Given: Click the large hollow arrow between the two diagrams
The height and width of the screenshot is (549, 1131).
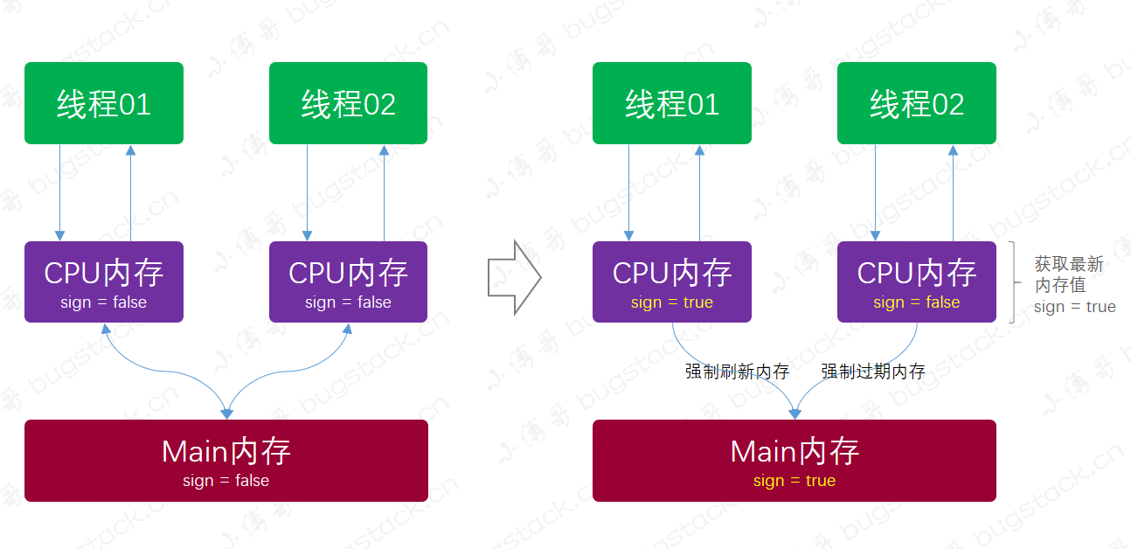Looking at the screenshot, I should pos(514,279).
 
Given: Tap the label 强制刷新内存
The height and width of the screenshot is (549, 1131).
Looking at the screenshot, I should pos(737,372).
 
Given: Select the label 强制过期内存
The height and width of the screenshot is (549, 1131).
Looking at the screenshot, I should pos(873,372).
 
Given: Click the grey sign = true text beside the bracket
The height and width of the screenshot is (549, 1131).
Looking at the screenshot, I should pos(1074,307).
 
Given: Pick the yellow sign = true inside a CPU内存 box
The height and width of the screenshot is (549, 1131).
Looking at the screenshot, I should pos(671,302).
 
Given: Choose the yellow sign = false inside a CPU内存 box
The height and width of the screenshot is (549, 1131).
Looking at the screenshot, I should pos(916,302).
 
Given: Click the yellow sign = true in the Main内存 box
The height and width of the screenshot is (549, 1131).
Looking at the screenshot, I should pos(794,481).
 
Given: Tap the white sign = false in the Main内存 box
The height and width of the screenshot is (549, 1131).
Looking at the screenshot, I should pos(226,481).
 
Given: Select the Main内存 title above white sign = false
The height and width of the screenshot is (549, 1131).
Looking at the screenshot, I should pos(226,452).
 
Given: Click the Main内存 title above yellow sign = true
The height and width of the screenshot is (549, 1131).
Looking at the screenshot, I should pos(794,452).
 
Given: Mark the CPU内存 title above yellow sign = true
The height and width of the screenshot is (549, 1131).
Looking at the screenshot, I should pos(671,273).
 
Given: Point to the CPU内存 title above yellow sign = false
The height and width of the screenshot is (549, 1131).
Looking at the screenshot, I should pos(916,273).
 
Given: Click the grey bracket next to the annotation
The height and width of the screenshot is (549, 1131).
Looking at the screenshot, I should pos(1013,282).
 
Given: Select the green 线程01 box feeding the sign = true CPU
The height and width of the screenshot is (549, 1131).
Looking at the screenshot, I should pos(671,103).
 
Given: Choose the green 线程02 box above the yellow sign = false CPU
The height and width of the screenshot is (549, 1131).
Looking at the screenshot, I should pos(916,103).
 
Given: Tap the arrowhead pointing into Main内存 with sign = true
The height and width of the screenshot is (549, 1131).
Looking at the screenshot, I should pos(794,413).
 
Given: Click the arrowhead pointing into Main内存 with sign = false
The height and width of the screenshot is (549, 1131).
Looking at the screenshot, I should pos(226,413).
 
